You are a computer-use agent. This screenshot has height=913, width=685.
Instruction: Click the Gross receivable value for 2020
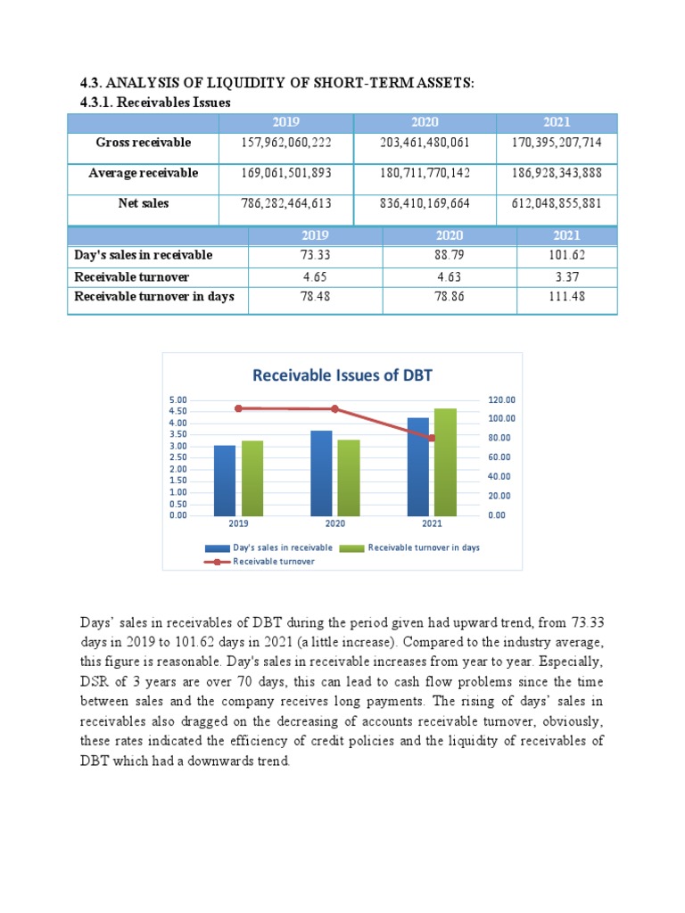(x=425, y=143)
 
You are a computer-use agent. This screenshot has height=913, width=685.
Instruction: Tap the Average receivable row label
(x=143, y=173)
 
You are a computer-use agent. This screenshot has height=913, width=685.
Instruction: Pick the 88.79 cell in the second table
(x=450, y=256)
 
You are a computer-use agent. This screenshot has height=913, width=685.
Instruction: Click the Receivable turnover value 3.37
(x=567, y=277)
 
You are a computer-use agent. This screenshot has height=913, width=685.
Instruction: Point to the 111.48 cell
(x=567, y=297)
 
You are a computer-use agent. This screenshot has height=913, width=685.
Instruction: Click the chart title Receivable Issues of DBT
(x=342, y=375)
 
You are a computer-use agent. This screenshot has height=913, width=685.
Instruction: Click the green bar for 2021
(x=444, y=462)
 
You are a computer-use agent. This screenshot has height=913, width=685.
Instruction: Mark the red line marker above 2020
(x=334, y=409)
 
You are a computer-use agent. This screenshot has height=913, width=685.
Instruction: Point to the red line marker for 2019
(x=238, y=408)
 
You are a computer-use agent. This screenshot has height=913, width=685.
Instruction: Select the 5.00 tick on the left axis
(x=178, y=400)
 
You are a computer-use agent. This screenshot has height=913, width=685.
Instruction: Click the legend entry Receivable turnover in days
(x=424, y=547)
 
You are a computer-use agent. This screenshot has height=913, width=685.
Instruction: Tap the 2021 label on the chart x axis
(x=432, y=524)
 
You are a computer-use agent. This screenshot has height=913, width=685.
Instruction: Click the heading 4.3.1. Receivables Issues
(x=150, y=103)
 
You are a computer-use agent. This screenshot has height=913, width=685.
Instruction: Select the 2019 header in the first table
(x=285, y=122)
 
